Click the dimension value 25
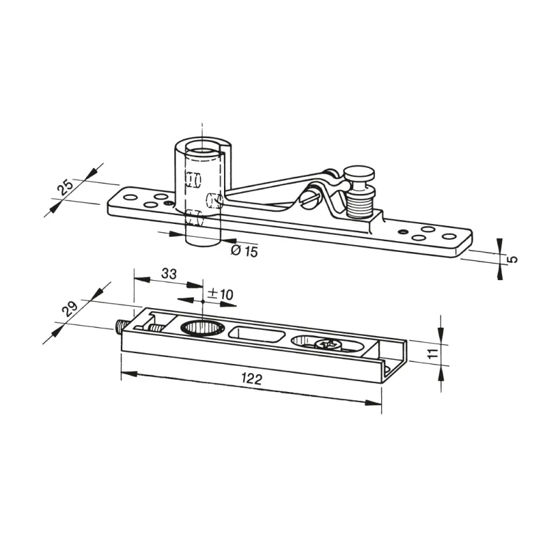tap(66, 186)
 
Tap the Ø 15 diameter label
tap(244, 251)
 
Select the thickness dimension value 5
tap(512, 258)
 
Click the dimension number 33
tap(169, 274)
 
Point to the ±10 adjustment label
tap(220, 294)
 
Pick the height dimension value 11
tap(433, 354)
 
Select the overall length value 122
tap(252, 378)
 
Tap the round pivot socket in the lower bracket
tap(202, 328)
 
